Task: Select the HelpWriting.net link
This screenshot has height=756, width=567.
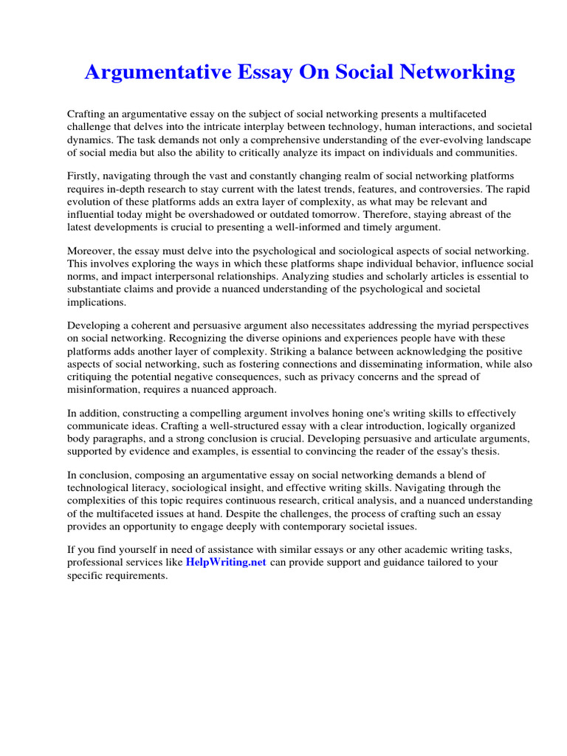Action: [x=225, y=562]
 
